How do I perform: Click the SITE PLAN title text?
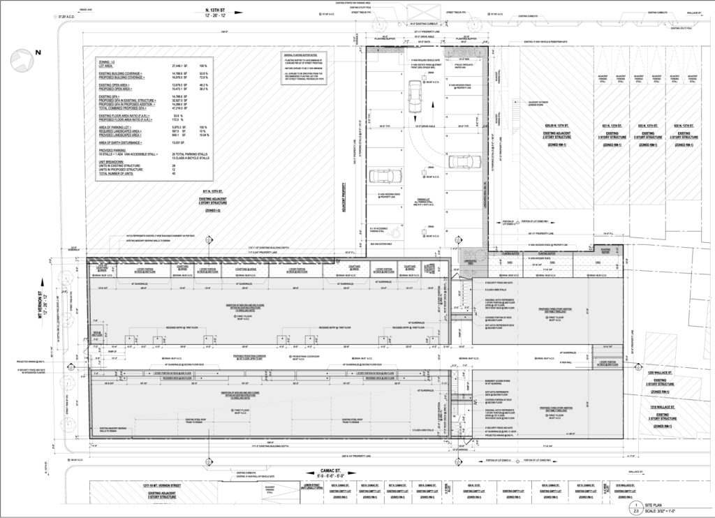[662, 503]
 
